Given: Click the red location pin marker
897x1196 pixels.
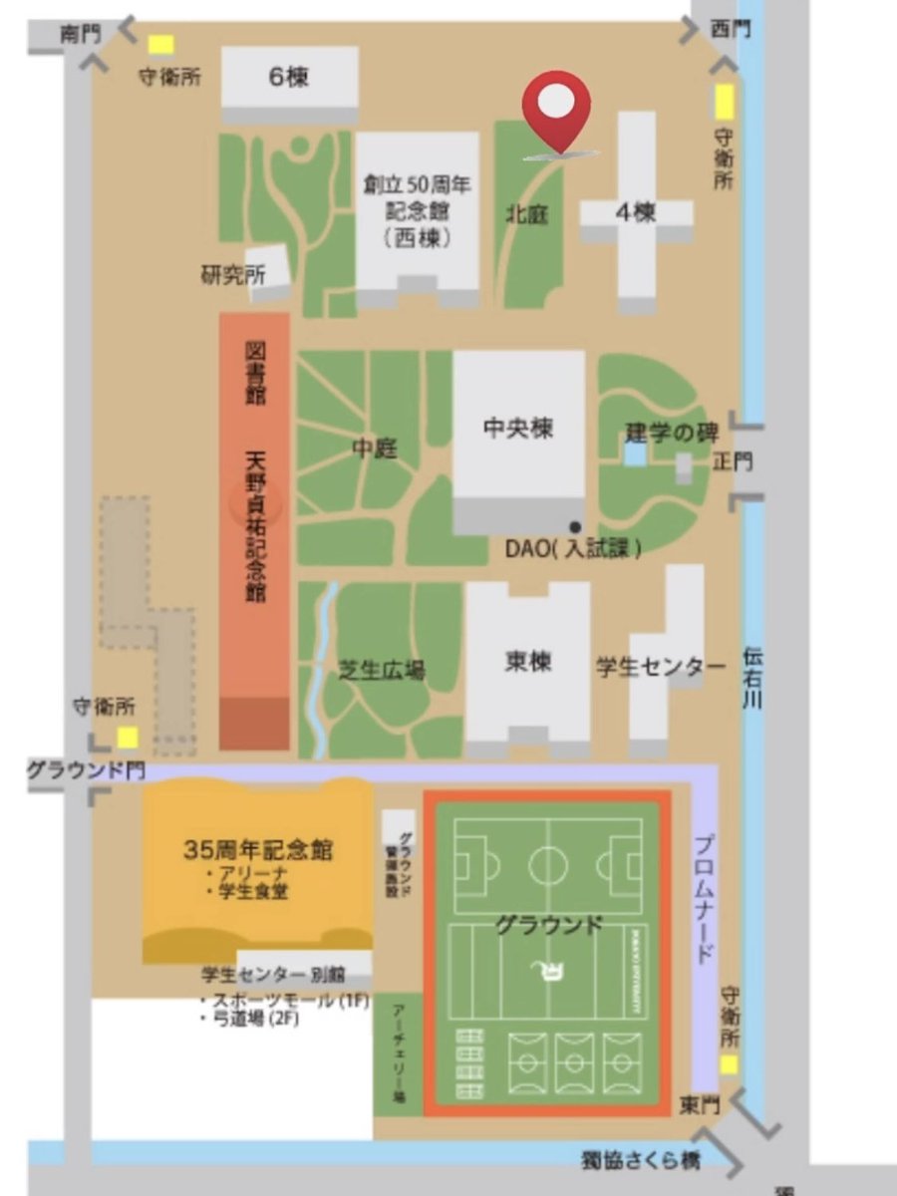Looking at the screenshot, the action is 558,105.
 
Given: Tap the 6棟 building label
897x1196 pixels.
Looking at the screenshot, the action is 289,77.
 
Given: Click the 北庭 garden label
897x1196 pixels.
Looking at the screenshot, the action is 527,214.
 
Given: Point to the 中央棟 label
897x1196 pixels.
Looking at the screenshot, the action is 518,429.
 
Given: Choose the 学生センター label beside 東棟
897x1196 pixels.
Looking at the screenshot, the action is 661,667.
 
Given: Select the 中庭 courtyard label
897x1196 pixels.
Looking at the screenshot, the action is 374,448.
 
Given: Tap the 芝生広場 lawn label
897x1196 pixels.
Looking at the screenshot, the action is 382,671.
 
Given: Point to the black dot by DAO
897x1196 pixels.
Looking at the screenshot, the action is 575,525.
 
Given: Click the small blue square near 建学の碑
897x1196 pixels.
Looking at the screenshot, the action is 634,454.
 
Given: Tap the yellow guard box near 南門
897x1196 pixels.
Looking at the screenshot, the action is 160,45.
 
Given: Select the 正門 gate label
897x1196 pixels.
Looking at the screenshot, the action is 734,462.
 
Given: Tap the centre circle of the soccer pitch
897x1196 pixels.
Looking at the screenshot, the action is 547,864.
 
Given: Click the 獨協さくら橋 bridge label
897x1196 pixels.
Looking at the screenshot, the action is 642,1161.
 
